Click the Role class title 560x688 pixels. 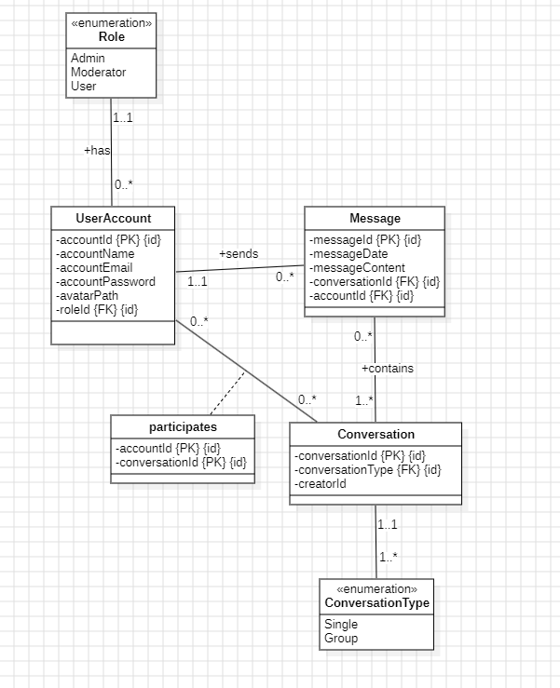pyautogui.click(x=111, y=37)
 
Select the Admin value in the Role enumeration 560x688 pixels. pyautogui.click(x=88, y=59)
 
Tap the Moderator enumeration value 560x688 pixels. pyautogui.click(x=98, y=72)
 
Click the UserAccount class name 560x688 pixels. pyautogui.click(x=113, y=219)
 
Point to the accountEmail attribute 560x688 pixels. pyautogui.click(x=94, y=268)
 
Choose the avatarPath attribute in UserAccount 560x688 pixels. pyautogui.click(x=87, y=296)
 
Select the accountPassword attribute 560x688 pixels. pyautogui.click(x=105, y=282)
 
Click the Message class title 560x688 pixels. pyautogui.click(x=375, y=219)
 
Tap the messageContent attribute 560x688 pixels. pyautogui.click(x=359, y=268)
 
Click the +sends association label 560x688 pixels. pyautogui.click(x=239, y=253)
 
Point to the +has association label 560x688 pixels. pyautogui.click(x=97, y=150)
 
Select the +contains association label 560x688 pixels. pyautogui.click(x=387, y=369)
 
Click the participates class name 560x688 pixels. pyautogui.click(x=183, y=426)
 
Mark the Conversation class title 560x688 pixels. pyautogui.click(x=376, y=435)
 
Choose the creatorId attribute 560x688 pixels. pyautogui.click(x=321, y=484)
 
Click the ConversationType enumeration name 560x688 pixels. pyautogui.click(x=376, y=603)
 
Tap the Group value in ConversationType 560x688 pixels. pyautogui.click(x=341, y=639)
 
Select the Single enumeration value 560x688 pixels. pyautogui.click(x=341, y=625)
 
